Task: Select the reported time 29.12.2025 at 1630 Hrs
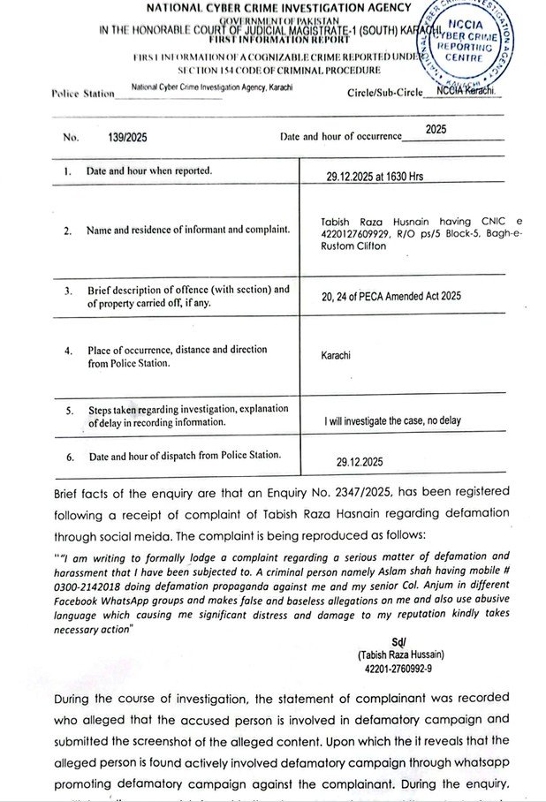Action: pyautogui.click(x=375, y=177)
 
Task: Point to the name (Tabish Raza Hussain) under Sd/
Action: pyautogui.click(x=402, y=654)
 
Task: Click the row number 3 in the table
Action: pyautogui.click(x=67, y=290)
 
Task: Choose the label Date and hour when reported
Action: pyautogui.click(x=149, y=170)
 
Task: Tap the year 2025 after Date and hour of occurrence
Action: pyautogui.click(x=436, y=129)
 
